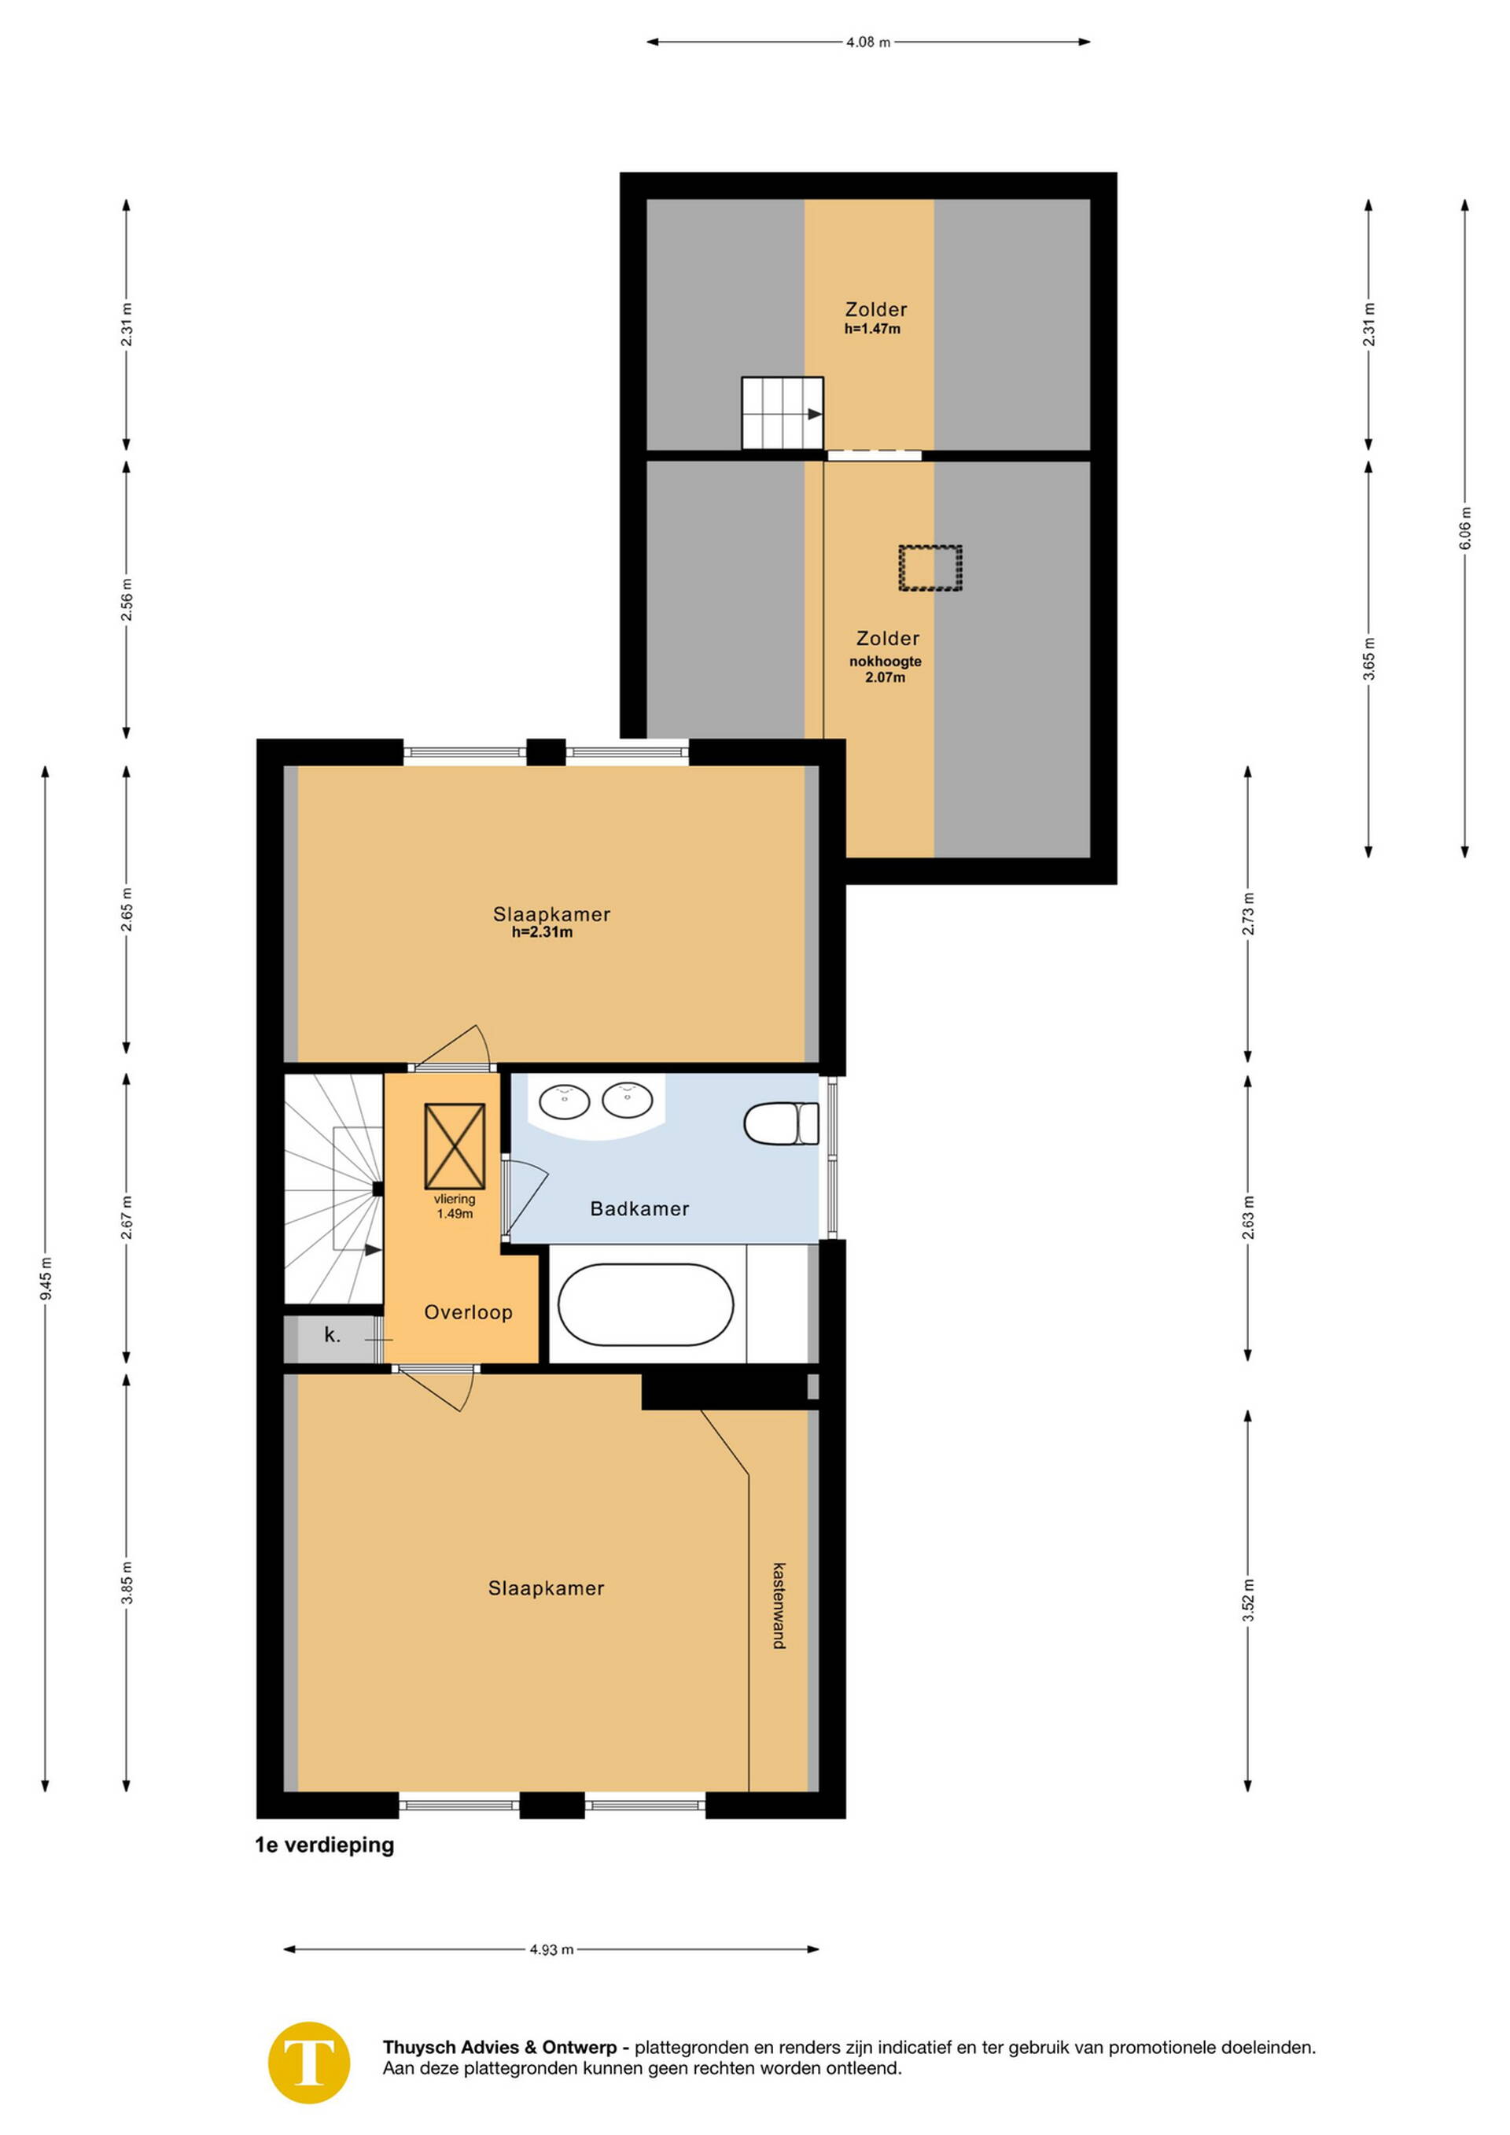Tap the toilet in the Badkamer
pyautogui.click(x=781, y=1123)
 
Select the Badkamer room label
pyautogui.click(x=639, y=1209)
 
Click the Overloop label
pyautogui.click(x=468, y=1312)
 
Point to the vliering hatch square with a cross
pyautogui.click(x=455, y=1146)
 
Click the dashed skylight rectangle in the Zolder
pyautogui.click(x=930, y=567)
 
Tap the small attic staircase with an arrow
pyautogui.click(x=782, y=413)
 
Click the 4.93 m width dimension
pyautogui.click(x=551, y=1950)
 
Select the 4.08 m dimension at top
pyautogui.click(x=867, y=42)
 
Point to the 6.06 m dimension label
pyautogui.click(x=1464, y=527)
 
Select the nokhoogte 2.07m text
pyautogui.click(x=886, y=669)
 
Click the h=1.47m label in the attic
pyautogui.click(x=872, y=329)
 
